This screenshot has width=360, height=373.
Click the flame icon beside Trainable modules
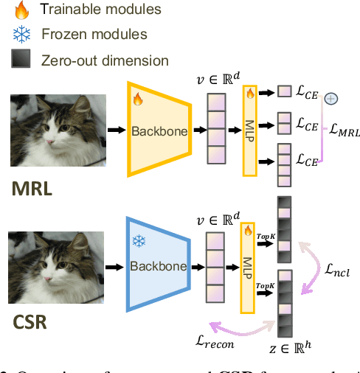point(21,10)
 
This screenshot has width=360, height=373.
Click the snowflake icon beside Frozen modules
point(21,35)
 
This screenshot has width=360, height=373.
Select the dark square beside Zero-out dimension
point(21,60)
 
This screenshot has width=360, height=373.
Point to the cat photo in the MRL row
point(57,130)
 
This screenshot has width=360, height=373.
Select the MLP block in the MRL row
point(250,130)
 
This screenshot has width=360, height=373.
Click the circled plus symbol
point(331,98)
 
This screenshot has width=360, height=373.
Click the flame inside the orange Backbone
point(136,98)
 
